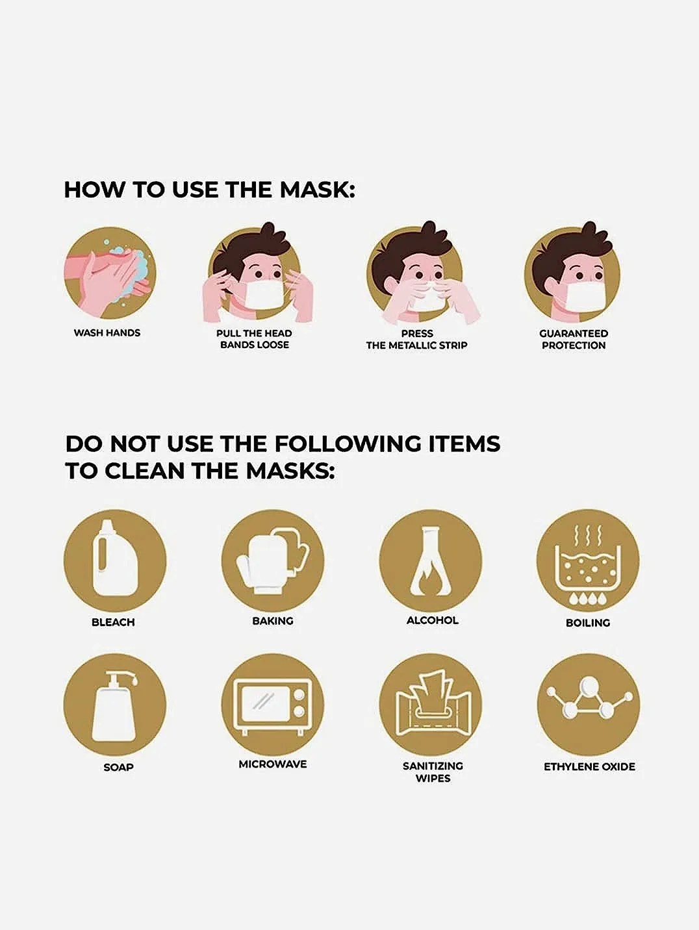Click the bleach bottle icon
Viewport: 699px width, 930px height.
pyautogui.click(x=115, y=560)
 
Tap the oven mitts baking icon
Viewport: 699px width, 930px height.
pyautogui.click(x=273, y=560)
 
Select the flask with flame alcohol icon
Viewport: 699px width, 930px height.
pyautogui.click(x=431, y=560)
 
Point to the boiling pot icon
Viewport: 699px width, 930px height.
pyautogui.click(x=588, y=560)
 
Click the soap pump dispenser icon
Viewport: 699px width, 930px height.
pyautogui.click(x=115, y=705)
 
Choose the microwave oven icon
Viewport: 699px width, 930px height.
pyautogui.click(x=273, y=705)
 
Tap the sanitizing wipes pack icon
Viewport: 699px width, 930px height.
pyautogui.click(x=431, y=705)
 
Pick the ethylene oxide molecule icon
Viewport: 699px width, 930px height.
pyautogui.click(x=589, y=705)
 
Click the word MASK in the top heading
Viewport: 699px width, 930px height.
pyautogui.click(x=317, y=190)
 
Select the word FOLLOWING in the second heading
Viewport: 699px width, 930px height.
pyautogui.click(x=348, y=444)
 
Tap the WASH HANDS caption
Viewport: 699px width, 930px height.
pyautogui.click(x=107, y=333)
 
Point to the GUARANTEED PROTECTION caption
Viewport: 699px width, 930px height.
pyautogui.click(x=574, y=340)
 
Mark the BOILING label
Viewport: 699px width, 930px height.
pyautogui.click(x=588, y=623)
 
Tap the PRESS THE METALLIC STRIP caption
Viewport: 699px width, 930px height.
pyautogui.click(x=417, y=340)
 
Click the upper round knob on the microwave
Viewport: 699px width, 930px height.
pyautogui.click(x=300, y=695)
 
